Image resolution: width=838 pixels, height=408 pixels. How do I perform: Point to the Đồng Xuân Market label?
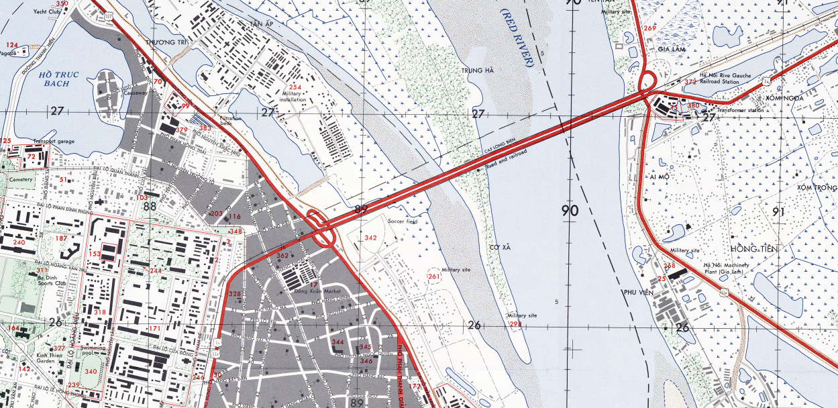click(x=309, y=291)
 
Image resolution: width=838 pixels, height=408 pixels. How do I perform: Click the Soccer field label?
click(x=403, y=221)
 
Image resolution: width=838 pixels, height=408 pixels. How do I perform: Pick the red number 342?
click(x=370, y=238)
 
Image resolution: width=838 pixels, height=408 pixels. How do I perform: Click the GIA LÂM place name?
click(x=670, y=48)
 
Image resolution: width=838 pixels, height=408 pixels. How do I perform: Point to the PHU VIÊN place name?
click(x=639, y=293)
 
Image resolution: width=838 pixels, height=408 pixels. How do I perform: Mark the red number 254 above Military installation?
click(x=295, y=87)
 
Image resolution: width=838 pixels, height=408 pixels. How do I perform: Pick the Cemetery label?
click(x=21, y=178)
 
